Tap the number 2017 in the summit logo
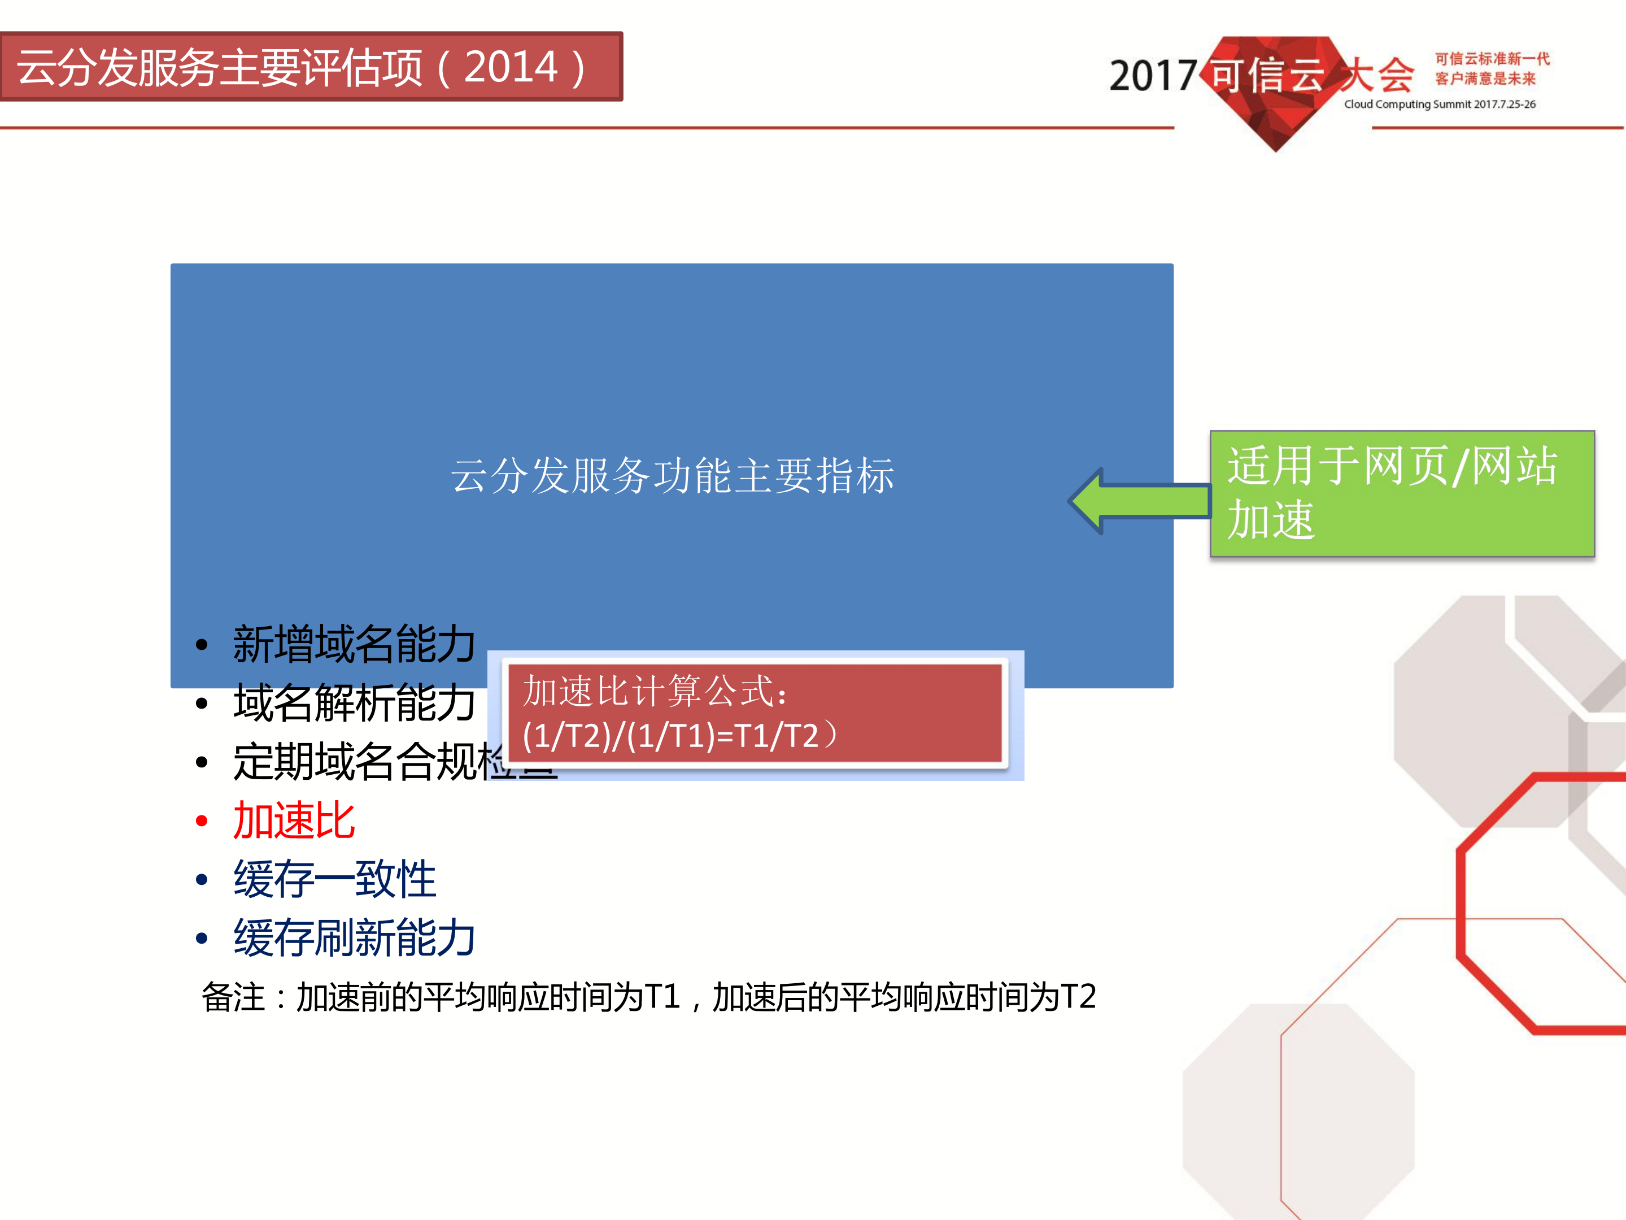[1152, 76]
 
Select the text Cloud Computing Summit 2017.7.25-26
[1439, 105]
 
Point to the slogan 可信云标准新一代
[1492, 59]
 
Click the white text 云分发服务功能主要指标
[672, 476]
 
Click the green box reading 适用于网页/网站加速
[1401, 493]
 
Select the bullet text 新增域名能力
[354, 644]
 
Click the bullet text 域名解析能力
[354, 703]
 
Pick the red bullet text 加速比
[294, 820]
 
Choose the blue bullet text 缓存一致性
[334, 879]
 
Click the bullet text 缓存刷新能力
[354, 939]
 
